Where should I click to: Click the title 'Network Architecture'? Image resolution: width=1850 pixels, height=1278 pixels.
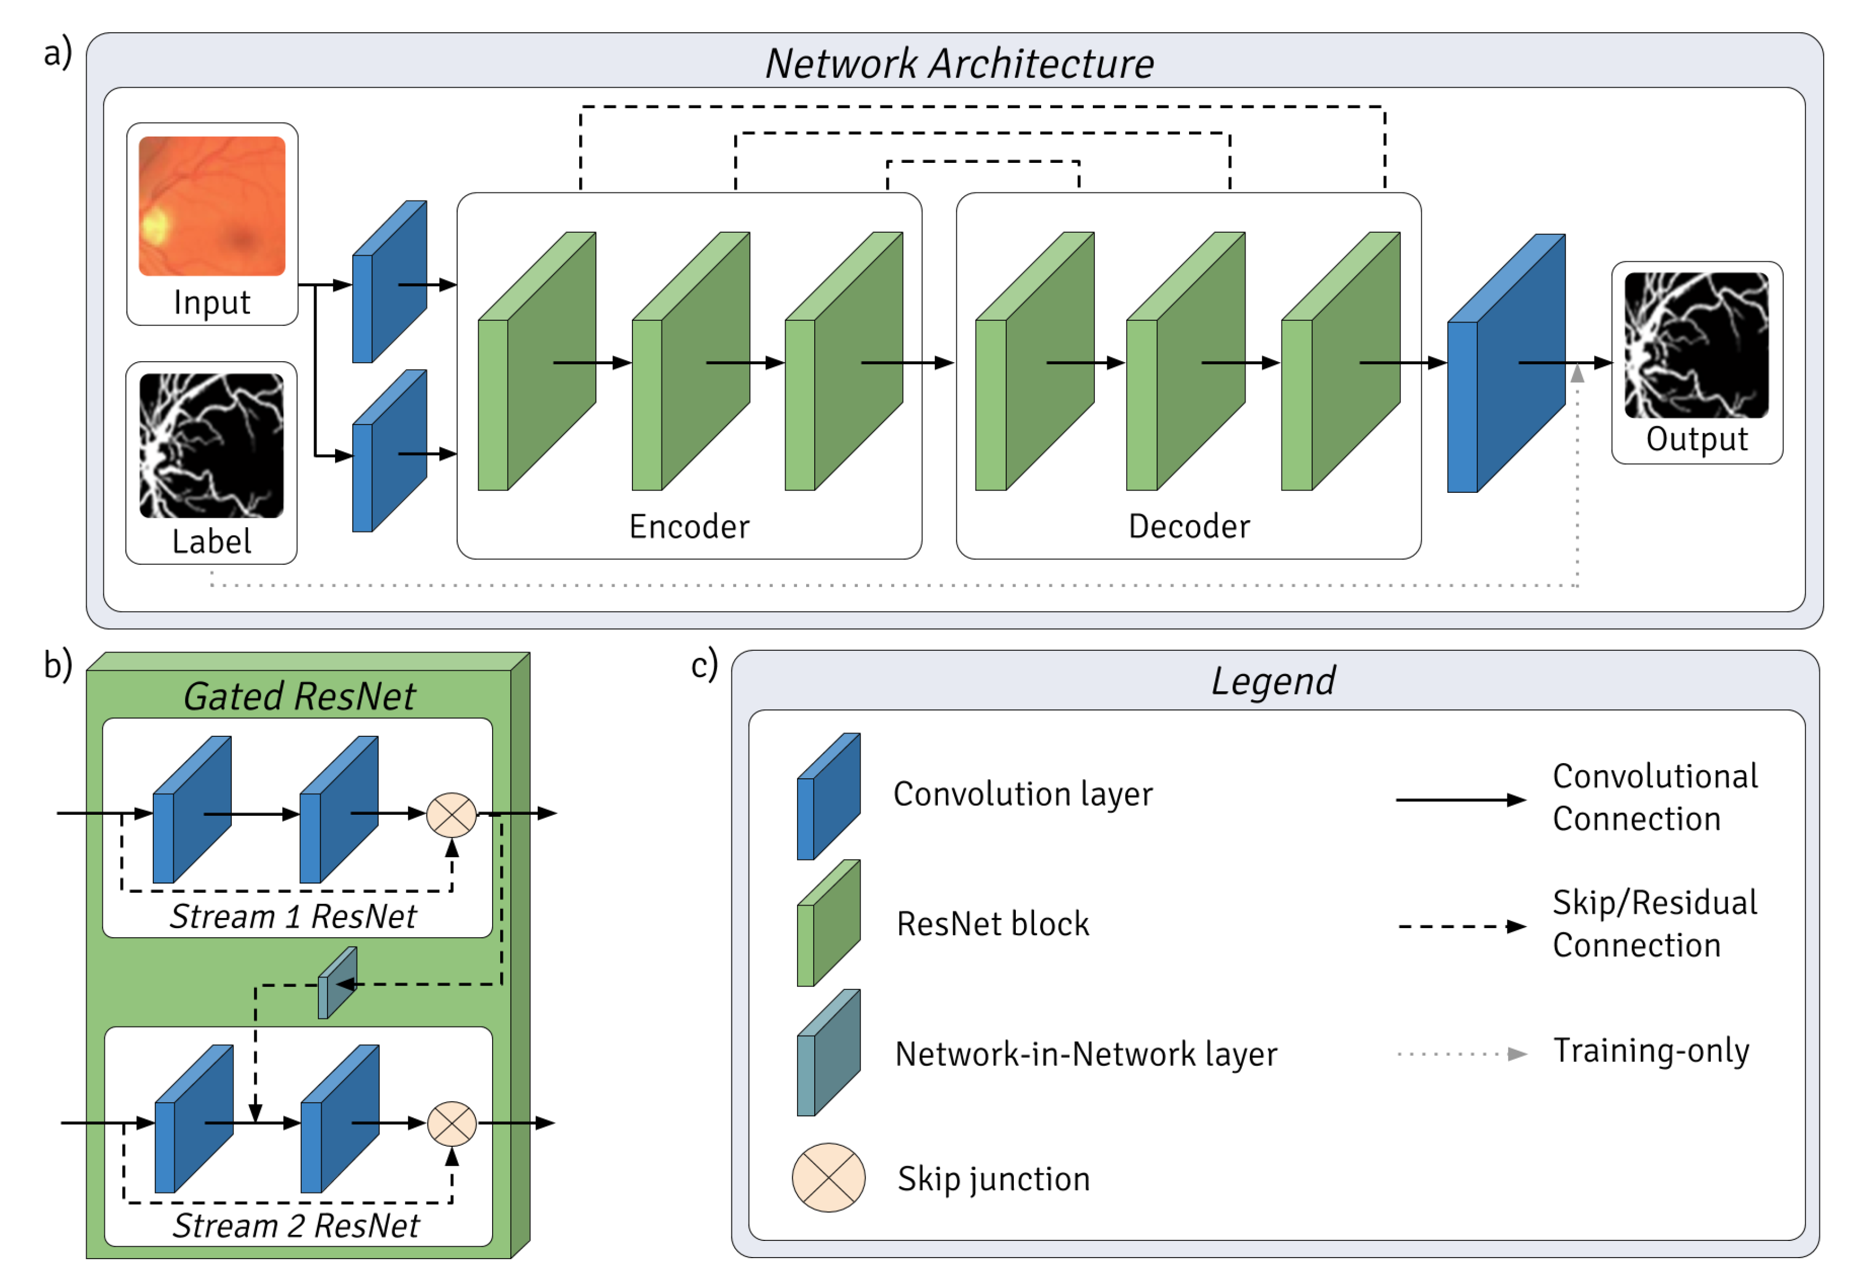[959, 63]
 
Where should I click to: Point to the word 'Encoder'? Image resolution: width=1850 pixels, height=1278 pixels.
[689, 527]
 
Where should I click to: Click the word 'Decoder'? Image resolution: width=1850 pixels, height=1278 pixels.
[1189, 527]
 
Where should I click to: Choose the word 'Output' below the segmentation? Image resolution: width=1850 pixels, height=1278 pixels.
[1697, 440]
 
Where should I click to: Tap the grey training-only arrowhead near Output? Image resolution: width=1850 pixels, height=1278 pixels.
[1577, 373]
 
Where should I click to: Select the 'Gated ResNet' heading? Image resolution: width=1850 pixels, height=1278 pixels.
[299, 696]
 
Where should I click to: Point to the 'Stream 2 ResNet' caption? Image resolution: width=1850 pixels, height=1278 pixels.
[296, 1226]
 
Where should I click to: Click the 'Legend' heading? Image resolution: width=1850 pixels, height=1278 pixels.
[1273, 681]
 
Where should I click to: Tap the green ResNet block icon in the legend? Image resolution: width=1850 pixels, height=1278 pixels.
[828, 923]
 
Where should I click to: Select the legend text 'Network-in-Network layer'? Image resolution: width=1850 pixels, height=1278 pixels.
[1086, 1054]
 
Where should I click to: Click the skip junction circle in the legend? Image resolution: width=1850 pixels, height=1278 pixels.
[828, 1178]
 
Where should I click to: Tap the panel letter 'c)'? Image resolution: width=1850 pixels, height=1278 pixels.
[705, 665]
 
